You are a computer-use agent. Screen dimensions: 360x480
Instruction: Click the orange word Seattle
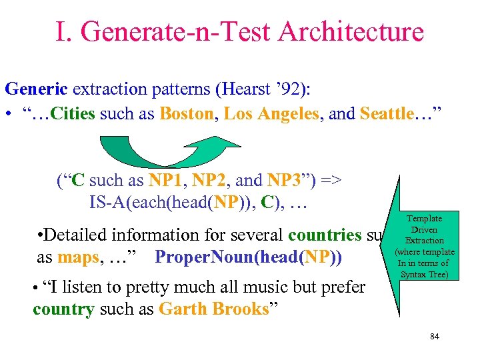[387, 114]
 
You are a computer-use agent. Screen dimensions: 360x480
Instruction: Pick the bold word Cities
[73, 114]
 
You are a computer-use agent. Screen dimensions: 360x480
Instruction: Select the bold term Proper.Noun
[201, 256]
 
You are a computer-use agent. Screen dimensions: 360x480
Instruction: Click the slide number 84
[435, 337]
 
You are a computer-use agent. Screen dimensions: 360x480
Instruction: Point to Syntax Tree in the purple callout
[425, 275]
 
